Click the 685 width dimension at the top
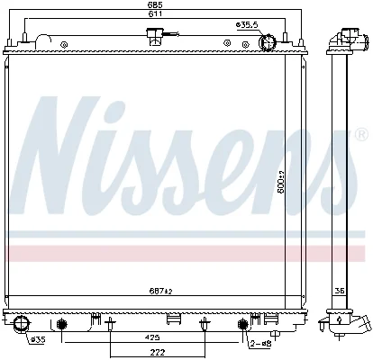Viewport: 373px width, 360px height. (156, 4)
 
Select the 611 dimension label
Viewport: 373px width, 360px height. (156, 13)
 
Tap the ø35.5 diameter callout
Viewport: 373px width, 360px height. (247, 25)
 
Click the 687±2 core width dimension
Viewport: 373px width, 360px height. (160, 291)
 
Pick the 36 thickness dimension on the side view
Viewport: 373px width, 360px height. (340, 291)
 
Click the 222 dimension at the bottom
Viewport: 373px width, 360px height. (158, 352)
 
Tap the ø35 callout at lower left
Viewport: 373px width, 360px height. (38, 340)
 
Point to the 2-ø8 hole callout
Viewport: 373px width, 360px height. (260, 343)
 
